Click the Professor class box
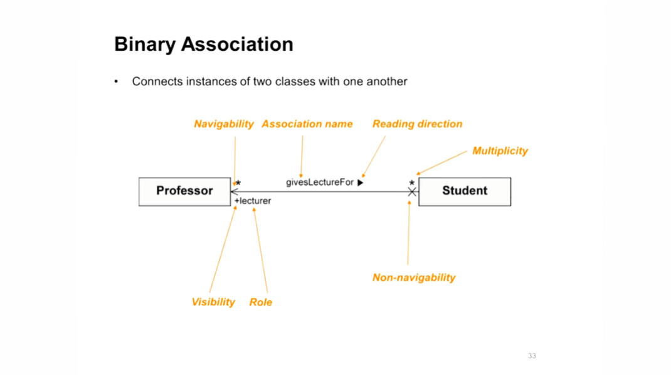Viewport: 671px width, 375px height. [x=184, y=191]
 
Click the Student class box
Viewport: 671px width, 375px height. [x=464, y=191]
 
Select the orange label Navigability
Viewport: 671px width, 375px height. [x=224, y=124]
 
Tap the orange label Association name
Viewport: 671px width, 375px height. [x=307, y=124]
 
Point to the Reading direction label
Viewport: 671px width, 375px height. [x=417, y=124]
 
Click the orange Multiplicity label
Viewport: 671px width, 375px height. [x=500, y=151]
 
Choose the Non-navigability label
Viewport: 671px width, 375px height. [x=414, y=278]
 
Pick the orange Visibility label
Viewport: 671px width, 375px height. [x=213, y=302]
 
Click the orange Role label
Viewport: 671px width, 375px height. [x=261, y=302]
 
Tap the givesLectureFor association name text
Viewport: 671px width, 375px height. [x=320, y=182]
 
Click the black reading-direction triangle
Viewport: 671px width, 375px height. [x=361, y=182]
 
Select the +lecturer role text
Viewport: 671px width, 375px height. [x=253, y=201]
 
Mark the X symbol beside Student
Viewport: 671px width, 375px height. [x=412, y=192]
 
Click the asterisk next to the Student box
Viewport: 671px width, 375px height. [x=412, y=184]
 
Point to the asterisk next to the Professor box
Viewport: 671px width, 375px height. [x=238, y=184]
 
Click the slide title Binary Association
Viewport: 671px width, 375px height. [x=204, y=45]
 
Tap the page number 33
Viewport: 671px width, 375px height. [x=532, y=356]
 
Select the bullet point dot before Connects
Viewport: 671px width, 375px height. [x=116, y=82]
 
